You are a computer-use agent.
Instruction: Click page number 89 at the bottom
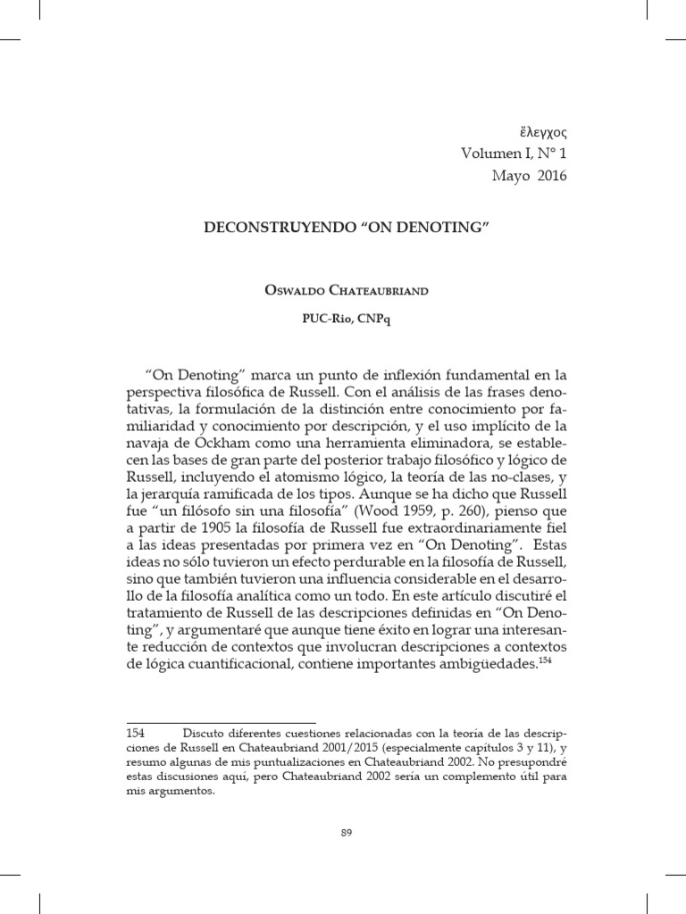click(348, 833)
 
